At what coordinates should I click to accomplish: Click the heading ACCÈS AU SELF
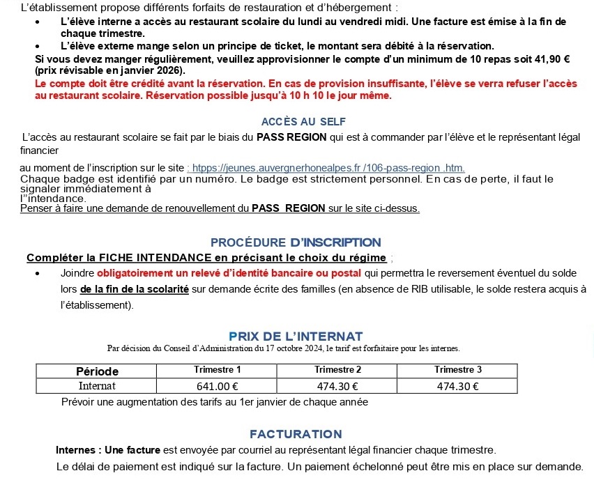303,122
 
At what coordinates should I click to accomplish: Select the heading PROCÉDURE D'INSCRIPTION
296,242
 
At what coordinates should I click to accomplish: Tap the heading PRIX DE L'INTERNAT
296,337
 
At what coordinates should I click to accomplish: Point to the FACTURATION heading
296,434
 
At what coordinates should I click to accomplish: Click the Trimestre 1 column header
218,370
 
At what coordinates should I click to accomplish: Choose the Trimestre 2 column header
337,370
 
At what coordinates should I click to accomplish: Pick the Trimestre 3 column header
457,370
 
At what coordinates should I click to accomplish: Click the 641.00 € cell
218,386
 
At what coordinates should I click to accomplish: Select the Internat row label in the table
97,386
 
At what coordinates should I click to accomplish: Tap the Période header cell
97,371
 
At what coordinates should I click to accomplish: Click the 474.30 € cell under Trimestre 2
337,386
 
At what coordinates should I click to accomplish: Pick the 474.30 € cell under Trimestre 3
457,386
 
